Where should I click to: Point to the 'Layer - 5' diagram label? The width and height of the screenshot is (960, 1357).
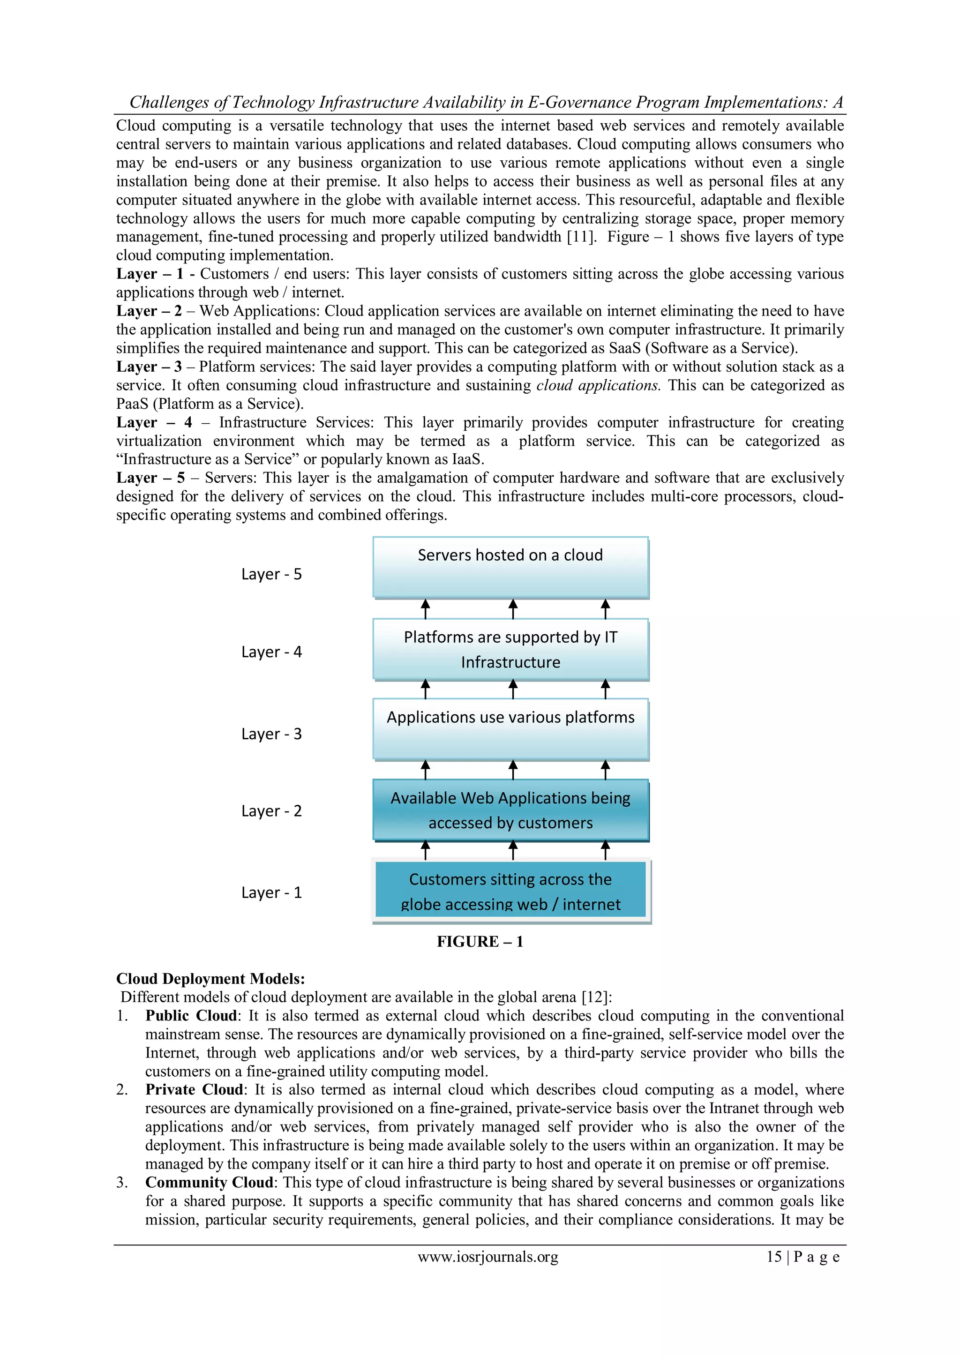[271, 574]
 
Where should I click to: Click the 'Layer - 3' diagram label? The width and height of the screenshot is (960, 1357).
[271, 734]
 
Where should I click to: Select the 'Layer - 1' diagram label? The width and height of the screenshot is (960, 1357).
[271, 892]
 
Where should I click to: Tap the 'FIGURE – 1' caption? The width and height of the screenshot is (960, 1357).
[480, 942]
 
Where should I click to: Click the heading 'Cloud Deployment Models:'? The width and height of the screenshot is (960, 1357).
[210, 979]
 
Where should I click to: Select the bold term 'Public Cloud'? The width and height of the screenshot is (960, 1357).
[191, 1015]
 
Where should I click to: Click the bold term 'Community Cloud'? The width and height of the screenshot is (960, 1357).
[209, 1182]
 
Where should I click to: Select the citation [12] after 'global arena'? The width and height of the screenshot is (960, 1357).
[594, 997]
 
